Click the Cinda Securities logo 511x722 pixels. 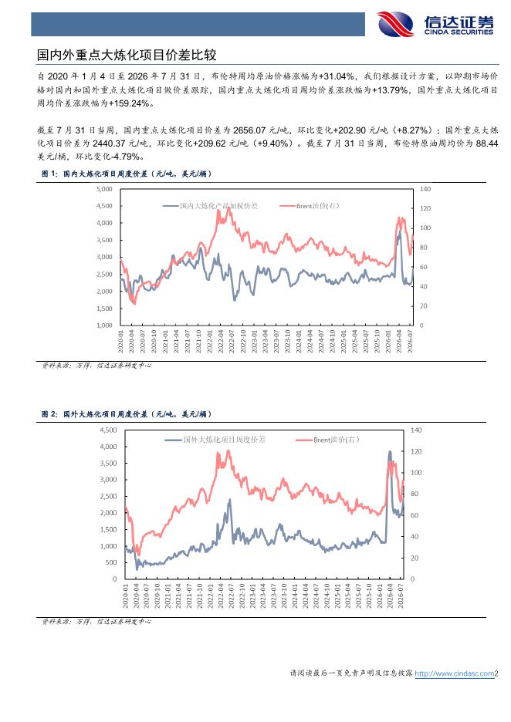pos(435,24)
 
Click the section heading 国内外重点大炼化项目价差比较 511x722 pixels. pos(127,56)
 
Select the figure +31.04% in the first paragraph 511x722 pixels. pos(337,76)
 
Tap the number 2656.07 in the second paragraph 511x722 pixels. pos(249,130)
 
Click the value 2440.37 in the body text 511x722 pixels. pos(109,143)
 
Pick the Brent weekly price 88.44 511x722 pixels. pos(487,143)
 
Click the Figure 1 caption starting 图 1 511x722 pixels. pos(127,174)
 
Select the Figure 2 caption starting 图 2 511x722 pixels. pos(127,414)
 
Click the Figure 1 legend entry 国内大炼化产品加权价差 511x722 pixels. pos(211,206)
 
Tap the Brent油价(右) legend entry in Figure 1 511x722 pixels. pos(310,206)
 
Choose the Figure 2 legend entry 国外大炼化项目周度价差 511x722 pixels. pos(215,440)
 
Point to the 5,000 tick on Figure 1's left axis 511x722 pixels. pos(105,189)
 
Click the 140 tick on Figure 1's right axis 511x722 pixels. pos(425,189)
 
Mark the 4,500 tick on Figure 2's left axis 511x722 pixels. pos(108,430)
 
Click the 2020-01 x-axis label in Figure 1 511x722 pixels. pos(120,341)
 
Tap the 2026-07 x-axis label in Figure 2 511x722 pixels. pos(401,595)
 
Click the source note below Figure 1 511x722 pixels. pos(96,365)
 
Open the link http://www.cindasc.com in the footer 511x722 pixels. pos(455,673)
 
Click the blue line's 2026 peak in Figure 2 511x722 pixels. pos(390,452)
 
